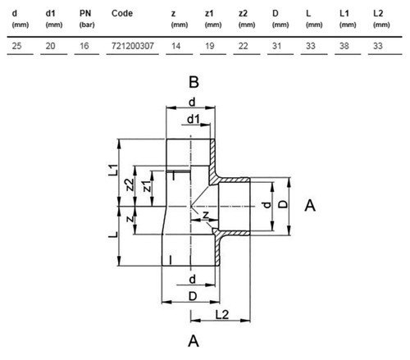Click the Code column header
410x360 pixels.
pyautogui.click(x=122, y=13)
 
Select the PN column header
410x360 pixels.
pyautogui.click(x=85, y=13)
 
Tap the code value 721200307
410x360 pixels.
pyautogui.click(x=133, y=46)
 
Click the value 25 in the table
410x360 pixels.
pyautogui.click(x=16, y=46)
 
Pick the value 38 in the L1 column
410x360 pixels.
pyautogui.click(x=344, y=46)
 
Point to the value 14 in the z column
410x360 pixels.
pyautogui.click(x=175, y=46)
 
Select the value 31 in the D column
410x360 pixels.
pyautogui.click(x=276, y=46)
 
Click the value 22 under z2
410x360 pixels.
pyautogui.click(x=243, y=46)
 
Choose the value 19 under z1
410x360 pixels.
pyautogui.click(x=210, y=46)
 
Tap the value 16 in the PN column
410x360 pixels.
pyautogui.click(x=84, y=46)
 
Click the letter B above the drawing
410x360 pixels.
pyautogui.click(x=194, y=82)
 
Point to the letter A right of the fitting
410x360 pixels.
pyautogui.click(x=310, y=205)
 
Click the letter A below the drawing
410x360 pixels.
pyautogui.click(x=194, y=341)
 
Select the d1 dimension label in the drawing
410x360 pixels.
pyautogui.click(x=194, y=119)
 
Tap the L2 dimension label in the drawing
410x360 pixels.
pyautogui.click(x=222, y=315)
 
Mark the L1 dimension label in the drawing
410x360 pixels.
pyautogui.click(x=113, y=170)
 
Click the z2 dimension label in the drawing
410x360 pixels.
pyautogui.click(x=130, y=185)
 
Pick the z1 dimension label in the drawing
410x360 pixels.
pyautogui.click(x=147, y=186)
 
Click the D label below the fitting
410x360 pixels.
pyautogui.click(x=193, y=296)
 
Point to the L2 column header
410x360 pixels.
pyautogui.click(x=378, y=13)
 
